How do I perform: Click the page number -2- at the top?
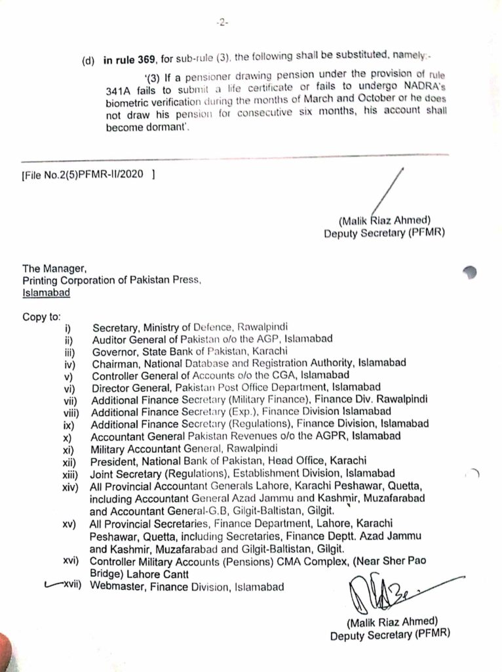[222, 22]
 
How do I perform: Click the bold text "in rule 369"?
[128, 60]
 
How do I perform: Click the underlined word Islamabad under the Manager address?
[47, 293]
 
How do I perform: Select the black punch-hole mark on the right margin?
[469, 272]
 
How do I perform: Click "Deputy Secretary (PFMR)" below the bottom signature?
[390, 635]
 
